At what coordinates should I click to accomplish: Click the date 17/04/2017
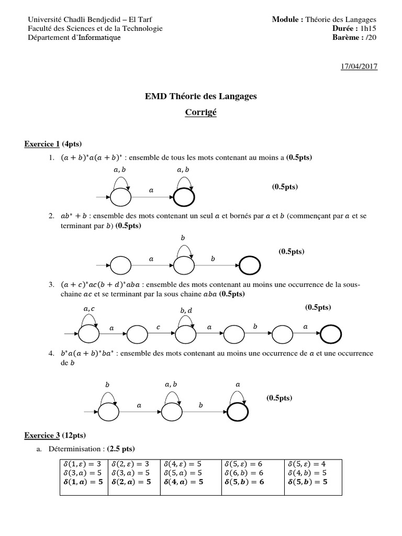tap(360, 66)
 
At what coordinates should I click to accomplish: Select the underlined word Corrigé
tap(201, 112)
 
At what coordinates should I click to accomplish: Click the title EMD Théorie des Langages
tap(201, 96)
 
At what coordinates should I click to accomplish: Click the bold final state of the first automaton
tap(184, 197)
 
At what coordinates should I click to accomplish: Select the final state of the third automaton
tap(331, 333)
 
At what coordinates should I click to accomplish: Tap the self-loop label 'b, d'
tap(186, 311)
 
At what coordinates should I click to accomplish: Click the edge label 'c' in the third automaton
tap(158, 327)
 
